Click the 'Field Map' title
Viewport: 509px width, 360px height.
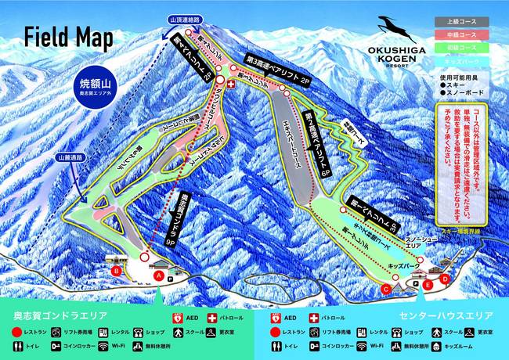coord(68,37)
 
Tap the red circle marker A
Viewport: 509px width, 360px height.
coord(159,275)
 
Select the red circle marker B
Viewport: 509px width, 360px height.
coord(117,271)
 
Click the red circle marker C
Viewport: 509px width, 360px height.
coord(385,289)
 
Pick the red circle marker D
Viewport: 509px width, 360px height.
coord(445,278)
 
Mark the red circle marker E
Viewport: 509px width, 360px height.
coord(428,286)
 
